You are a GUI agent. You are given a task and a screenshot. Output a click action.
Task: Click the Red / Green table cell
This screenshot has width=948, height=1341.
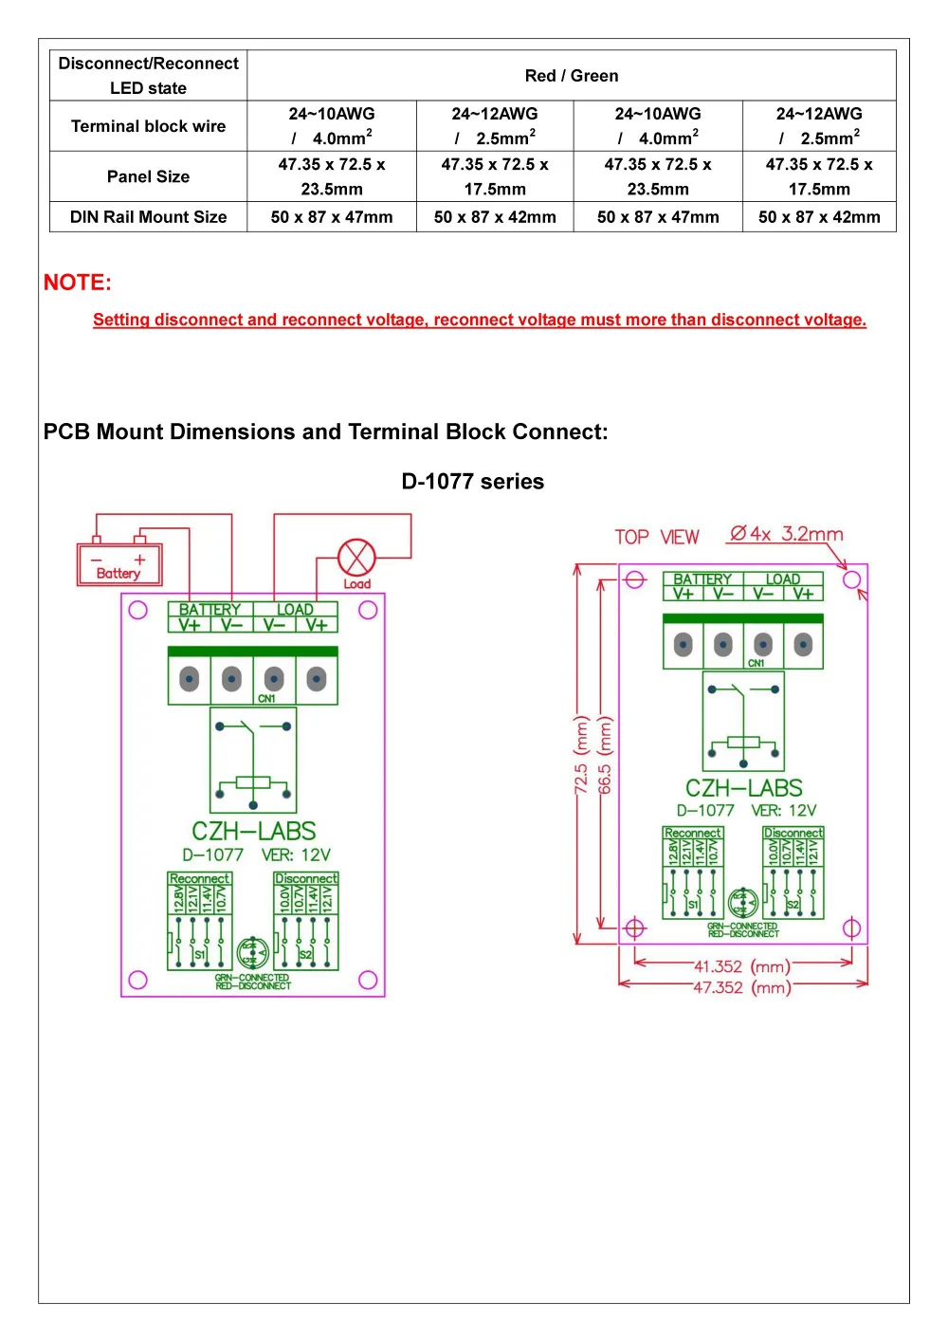coord(571,76)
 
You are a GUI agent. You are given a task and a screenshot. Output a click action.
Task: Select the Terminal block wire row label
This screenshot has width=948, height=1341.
coord(148,126)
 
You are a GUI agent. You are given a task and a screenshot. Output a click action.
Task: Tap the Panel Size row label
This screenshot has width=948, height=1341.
coord(148,176)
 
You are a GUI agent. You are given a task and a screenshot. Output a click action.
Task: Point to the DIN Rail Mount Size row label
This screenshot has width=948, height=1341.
coord(148,217)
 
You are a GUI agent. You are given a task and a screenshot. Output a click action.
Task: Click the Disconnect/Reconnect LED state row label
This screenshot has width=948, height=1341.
coord(148,76)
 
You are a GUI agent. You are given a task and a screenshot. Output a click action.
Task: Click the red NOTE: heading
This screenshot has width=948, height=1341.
coord(78,283)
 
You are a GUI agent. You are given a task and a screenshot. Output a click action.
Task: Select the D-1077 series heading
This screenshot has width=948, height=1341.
coord(472,482)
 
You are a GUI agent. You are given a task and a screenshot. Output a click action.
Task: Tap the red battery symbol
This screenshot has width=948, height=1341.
coord(119,564)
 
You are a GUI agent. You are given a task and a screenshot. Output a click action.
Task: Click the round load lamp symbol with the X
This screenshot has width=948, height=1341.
coord(356,558)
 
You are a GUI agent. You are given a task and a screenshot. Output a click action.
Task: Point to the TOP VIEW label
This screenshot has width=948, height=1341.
coord(656,538)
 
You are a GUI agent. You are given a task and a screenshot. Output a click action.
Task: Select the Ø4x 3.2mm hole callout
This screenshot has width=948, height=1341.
coord(785,534)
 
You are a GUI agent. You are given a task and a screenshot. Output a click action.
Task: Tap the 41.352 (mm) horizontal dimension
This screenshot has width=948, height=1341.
coord(742,966)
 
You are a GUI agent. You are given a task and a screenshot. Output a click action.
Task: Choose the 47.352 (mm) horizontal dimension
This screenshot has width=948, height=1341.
coord(742,987)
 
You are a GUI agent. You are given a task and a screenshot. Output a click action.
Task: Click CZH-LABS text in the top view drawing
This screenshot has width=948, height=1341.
coord(743,788)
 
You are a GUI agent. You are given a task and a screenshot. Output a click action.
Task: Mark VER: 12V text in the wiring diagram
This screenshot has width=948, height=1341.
coord(296,854)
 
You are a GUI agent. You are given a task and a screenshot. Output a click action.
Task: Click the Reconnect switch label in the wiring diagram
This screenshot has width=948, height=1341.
coord(199,879)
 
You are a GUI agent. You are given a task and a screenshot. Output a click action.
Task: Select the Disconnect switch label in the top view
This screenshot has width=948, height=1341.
coord(793,833)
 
